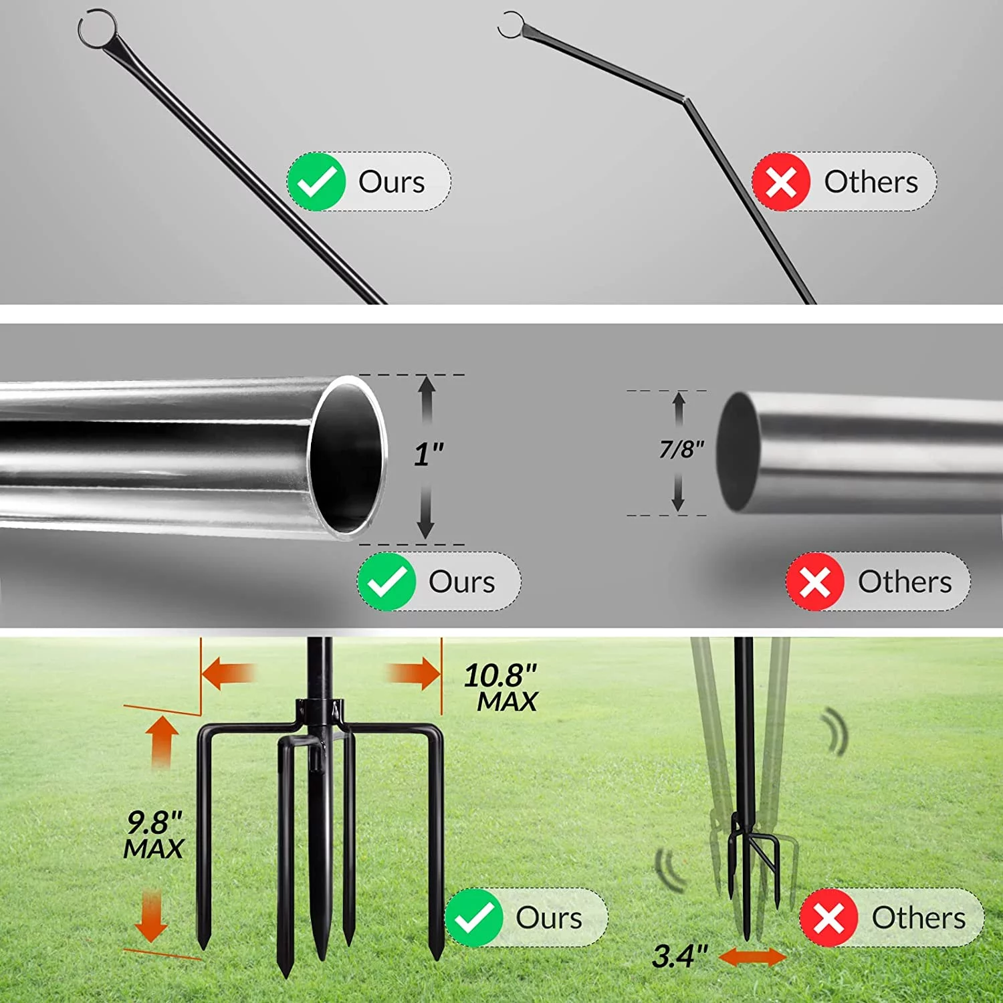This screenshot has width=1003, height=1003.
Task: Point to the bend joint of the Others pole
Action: pos(685,100)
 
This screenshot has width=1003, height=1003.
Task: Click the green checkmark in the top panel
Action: pos(316,182)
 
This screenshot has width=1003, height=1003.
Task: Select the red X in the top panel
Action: pos(781,182)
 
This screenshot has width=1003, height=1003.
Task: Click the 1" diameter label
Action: pos(428,455)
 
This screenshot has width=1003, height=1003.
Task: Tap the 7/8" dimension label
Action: pos(681,449)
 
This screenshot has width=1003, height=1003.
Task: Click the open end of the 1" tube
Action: pos(348,458)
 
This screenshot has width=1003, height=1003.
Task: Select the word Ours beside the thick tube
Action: pos(461,582)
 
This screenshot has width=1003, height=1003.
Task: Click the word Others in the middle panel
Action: pos(904,582)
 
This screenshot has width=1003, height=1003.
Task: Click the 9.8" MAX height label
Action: pos(154,835)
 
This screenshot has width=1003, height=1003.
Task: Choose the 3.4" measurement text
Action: pos(679,956)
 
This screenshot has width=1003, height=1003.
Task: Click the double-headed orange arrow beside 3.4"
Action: pos(752,957)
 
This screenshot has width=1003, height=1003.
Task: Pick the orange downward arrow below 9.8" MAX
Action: pos(152,916)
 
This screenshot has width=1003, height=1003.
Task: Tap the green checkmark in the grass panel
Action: pos(474,917)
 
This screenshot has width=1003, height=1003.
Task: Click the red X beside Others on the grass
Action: pos(829,917)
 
